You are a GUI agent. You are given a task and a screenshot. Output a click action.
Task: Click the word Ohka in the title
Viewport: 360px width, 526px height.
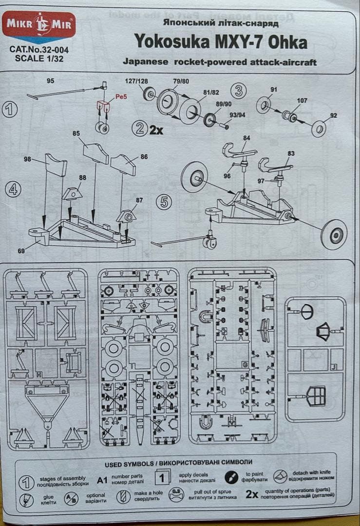(x=287, y=43)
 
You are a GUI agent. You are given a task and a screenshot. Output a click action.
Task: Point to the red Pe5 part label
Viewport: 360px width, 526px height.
(x=121, y=97)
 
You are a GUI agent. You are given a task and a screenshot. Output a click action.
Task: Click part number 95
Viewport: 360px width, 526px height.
(x=51, y=81)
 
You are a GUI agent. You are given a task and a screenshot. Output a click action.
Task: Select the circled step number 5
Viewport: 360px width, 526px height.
(x=164, y=202)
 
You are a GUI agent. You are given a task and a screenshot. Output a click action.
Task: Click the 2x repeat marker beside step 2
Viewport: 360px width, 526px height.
(x=156, y=130)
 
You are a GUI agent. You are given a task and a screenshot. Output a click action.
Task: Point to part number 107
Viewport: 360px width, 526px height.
(x=302, y=101)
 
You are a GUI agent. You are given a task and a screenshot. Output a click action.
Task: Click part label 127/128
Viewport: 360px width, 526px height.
(x=136, y=81)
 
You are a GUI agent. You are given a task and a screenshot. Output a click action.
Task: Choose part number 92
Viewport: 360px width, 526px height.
(x=333, y=115)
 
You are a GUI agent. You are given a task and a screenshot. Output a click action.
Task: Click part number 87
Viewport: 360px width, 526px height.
(x=140, y=200)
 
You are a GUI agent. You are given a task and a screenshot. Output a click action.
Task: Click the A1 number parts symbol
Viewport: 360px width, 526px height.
(x=102, y=480)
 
